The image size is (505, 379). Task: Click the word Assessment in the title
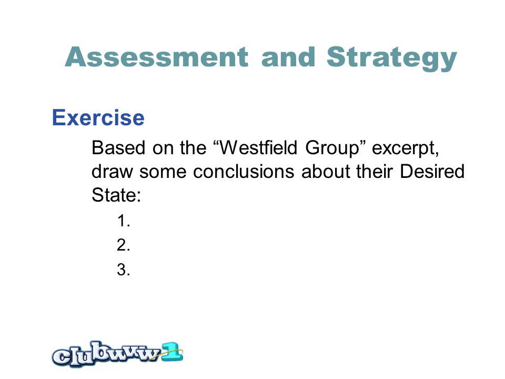click(157, 57)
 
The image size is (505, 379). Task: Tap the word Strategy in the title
click(391, 58)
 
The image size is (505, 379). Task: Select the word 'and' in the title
click(288, 57)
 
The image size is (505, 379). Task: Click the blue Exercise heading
click(98, 117)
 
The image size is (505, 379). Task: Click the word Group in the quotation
click(332, 149)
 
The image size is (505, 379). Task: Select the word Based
click(118, 148)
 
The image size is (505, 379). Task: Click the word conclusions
click(244, 171)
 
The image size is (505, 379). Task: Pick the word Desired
click(432, 171)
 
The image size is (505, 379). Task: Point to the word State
click(116, 195)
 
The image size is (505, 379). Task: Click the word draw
click(112, 171)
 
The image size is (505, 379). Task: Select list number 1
click(124, 221)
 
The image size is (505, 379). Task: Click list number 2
click(124, 245)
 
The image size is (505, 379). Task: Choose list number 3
click(124, 270)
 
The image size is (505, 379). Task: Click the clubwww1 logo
click(117, 354)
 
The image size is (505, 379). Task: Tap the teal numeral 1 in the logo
click(172, 352)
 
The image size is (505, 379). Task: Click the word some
click(163, 171)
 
